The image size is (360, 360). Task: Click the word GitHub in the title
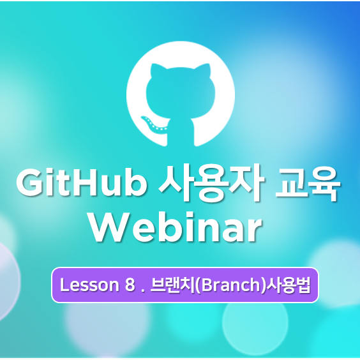tap(82, 183)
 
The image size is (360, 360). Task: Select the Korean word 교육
tap(308, 183)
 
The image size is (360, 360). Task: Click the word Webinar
tap(176, 227)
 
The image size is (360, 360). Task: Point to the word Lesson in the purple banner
tap(89, 285)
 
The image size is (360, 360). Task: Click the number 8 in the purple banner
tap(130, 285)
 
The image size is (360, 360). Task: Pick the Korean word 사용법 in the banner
tap(289, 285)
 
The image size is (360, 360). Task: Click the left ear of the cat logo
tap(156, 70)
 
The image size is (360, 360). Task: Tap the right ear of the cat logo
tap(204, 70)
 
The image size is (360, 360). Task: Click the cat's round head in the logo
tap(181, 93)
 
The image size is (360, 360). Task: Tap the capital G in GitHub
tap(29, 183)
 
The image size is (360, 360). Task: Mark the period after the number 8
tap(142, 290)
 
